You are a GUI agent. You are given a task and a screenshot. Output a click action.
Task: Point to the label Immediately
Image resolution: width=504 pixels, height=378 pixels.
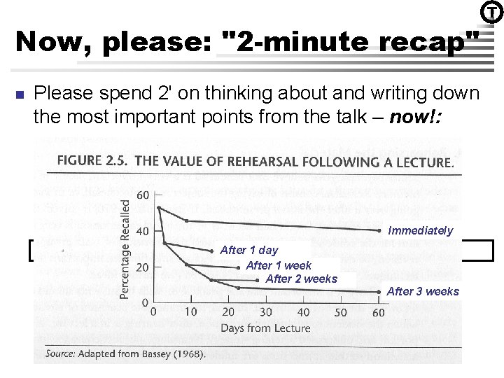[421, 231]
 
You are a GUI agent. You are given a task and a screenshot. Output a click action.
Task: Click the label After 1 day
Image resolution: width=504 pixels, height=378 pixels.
[248, 250]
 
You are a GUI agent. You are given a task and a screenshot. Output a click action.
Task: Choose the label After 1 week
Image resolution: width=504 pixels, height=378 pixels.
[279, 265]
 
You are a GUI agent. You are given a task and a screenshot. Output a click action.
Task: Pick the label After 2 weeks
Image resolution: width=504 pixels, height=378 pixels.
[301, 279]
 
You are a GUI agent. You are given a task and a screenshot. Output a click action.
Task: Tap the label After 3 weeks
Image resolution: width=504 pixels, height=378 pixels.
[423, 291]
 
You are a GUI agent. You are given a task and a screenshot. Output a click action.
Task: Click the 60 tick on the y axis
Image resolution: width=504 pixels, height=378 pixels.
[143, 194]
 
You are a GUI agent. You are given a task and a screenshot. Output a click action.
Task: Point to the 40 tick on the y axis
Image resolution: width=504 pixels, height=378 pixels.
[143, 230]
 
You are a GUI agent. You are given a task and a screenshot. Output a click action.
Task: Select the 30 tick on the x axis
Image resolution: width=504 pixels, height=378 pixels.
[266, 312]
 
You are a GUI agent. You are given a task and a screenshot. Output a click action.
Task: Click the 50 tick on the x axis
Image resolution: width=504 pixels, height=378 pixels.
[341, 312]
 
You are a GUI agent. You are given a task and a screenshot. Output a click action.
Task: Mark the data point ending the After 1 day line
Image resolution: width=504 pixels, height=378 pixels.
[212, 251]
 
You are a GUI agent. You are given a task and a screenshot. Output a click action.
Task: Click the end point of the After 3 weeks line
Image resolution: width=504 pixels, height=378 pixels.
[379, 292]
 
